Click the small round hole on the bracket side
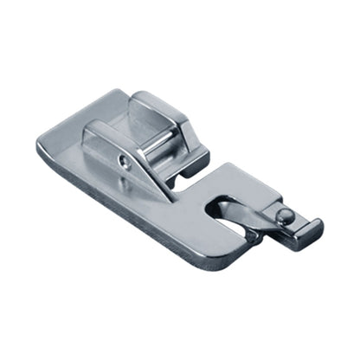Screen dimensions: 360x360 click(127, 159)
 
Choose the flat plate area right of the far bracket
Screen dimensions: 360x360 click(229, 177)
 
